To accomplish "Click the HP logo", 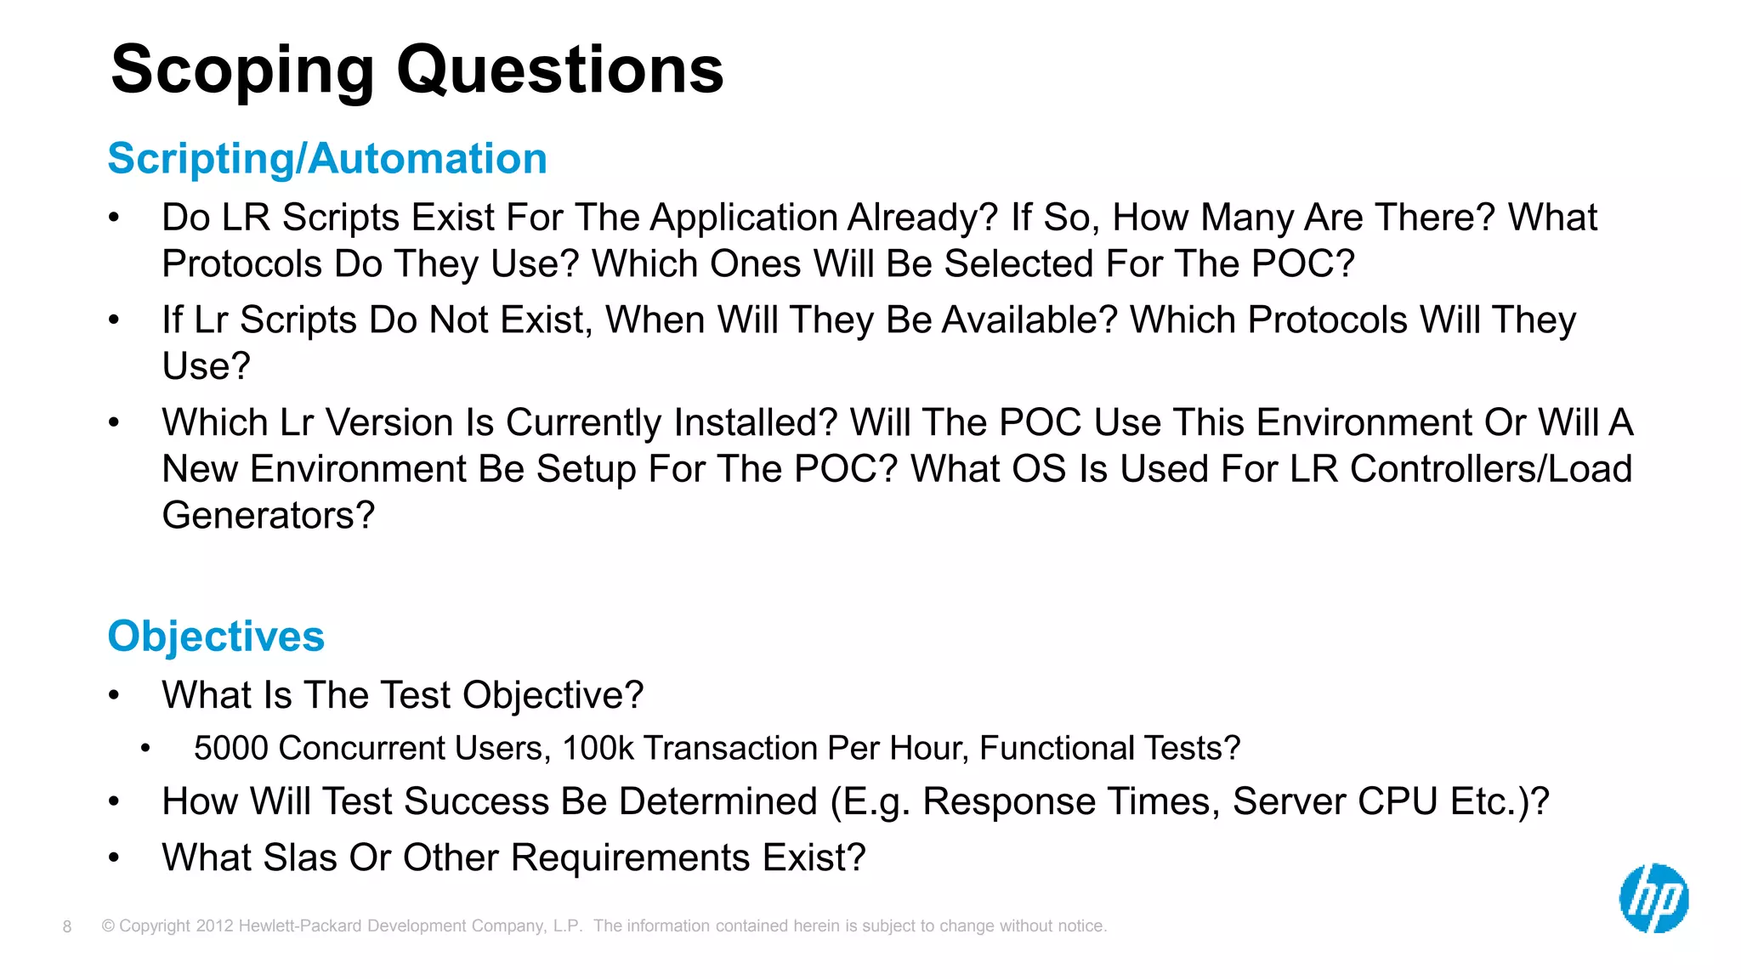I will click(x=1653, y=898).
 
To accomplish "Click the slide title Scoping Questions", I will click(x=417, y=70).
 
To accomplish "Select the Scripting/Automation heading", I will click(x=327, y=159).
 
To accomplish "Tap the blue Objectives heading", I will click(x=216, y=637).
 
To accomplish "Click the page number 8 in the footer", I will click(x=67, y=926).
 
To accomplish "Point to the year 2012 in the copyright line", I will click(x=214, y=926).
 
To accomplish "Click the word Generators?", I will click(x=269, y=516).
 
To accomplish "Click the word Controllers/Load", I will click(x=1490, y=469).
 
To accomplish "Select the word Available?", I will click(x=1030, y=320).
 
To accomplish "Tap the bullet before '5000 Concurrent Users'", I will click(x=145, y=749).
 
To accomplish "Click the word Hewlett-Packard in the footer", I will click(x=301, y=926).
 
